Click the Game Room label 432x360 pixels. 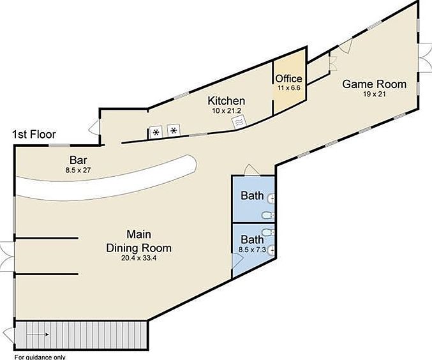(374, 84)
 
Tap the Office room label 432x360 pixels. (288, 79)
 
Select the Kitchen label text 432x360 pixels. (227, 101)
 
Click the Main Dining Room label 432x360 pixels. (138, 241)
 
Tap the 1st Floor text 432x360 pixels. (34, 135)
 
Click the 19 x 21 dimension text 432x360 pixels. (375, 94)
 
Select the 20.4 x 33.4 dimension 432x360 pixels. (138, 258)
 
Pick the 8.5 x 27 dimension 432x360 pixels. (78, 170)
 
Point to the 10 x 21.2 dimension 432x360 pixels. (227, 110)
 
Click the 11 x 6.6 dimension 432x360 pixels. (288, 87)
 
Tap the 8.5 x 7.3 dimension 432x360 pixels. (251, 250)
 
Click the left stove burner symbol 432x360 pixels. (155, 133)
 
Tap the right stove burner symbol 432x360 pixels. (173, 131)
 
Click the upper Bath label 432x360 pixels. (252, 195)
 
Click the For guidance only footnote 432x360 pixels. (40, 357)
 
